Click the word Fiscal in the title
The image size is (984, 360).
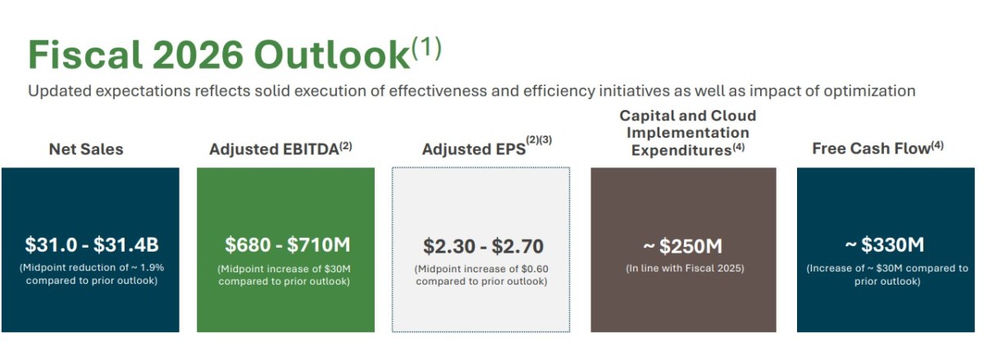85,55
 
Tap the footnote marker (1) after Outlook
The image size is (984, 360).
426,48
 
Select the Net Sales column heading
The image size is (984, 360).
86,149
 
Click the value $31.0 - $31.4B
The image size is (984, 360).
91,245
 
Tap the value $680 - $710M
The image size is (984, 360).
288,245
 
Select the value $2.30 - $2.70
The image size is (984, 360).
483,246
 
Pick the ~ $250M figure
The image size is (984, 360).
682,246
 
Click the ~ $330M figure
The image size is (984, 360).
885,245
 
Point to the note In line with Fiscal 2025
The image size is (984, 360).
685,268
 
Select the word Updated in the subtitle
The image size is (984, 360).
59,91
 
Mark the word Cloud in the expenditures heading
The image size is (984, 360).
734,116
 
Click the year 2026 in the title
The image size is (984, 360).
198,55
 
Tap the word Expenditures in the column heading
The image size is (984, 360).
681,150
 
